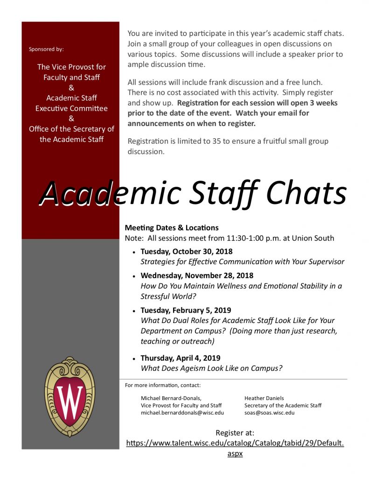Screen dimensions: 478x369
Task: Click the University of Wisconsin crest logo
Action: pyautogui.click(x=70, y=396)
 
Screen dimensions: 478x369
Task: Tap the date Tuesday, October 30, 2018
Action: pyautogui.click(x=186, y=252)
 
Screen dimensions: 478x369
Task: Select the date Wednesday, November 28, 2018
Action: pyautogui.click(x=197, y=275)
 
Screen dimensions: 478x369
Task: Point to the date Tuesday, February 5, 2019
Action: pyautogui.click(x=186, y=310)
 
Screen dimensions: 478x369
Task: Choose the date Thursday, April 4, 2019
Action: pyautogui.click(x=180, y=358)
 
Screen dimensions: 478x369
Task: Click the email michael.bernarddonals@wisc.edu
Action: pyautogui.click(x=182, y=413)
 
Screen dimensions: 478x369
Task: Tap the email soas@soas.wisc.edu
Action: pyautogui.click(x=269, y=413)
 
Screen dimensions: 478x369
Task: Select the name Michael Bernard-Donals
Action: pyautogui.click(x=171, y=398)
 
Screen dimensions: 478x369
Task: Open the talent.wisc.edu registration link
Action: pyautogui.click(x=235, y=443)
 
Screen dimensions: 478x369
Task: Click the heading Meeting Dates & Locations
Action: pyautogui.click(x=171, y=228)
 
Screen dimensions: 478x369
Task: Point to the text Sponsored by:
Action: pyautogui.click(x=46, y=49)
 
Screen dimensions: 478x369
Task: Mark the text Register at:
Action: pyautogui.click(x=235, y=433)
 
